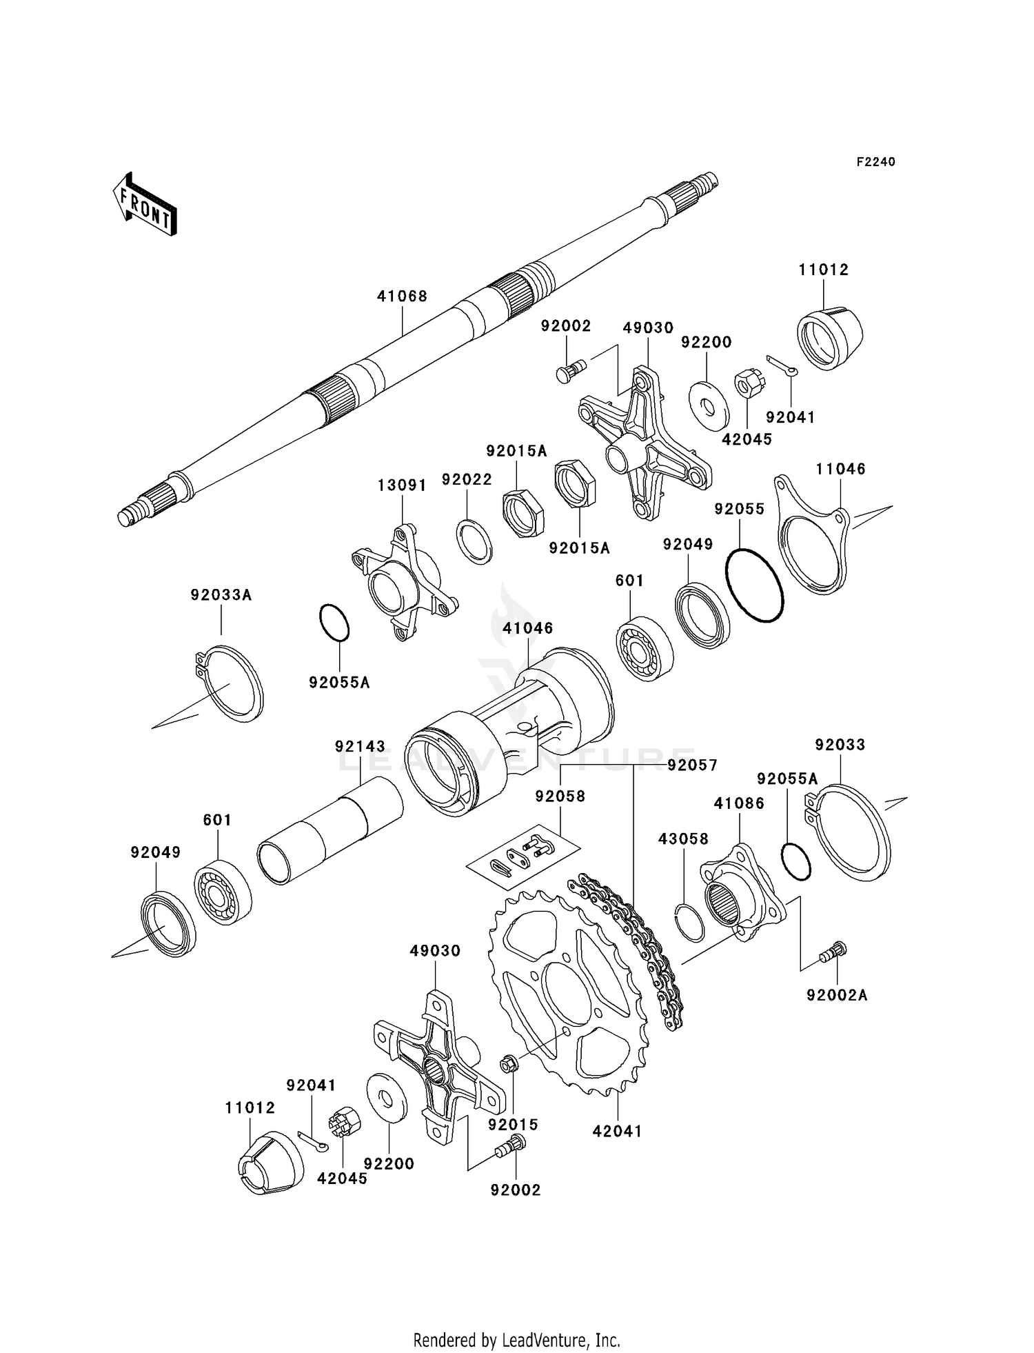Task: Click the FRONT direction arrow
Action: [x=145, y=205]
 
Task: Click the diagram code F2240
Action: [x=875, y=161]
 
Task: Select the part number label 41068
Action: [x=402, y=296]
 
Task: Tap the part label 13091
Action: [x=402, y=485]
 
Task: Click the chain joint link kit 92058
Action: [x=524, y=852]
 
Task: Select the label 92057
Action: [x=692, y=765]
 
